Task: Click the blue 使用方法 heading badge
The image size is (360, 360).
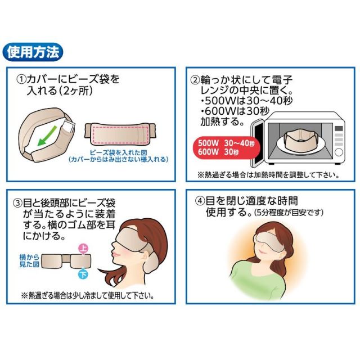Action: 33,52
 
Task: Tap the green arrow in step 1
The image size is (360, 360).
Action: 47,136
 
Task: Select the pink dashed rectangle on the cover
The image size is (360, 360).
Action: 120,134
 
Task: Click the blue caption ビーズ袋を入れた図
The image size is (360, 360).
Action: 118,152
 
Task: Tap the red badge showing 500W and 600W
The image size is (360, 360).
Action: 226,147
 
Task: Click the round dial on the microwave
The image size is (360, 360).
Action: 339,152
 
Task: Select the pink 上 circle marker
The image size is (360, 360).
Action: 83,249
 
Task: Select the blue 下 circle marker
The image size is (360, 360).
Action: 83,274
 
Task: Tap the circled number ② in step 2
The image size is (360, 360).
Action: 195,80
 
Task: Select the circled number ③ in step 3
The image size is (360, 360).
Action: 17,203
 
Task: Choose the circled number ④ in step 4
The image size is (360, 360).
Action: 200,201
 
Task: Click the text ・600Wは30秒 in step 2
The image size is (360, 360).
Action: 235,111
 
